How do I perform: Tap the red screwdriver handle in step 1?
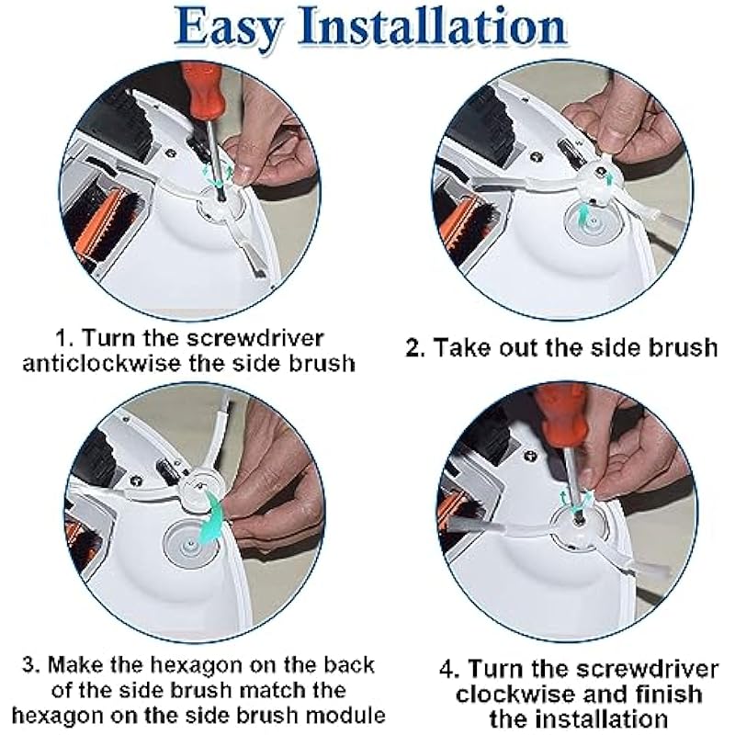click(205, 94)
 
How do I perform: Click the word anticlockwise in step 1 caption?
click(102, 364)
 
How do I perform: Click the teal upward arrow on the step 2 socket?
click(582, 217)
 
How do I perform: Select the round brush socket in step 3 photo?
click(190, 543)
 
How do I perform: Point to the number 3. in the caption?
click(32, 665)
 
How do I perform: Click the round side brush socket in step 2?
click(592, 221)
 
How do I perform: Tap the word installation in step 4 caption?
click(579, 719)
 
